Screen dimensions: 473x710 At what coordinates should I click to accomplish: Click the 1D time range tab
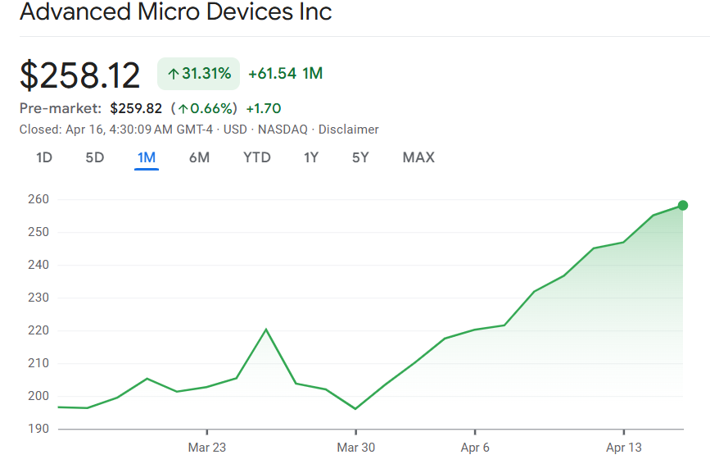click(x=44, y=157)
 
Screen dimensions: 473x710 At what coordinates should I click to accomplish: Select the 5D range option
click(x=95, y=157)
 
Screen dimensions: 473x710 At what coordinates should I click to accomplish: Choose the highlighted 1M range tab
click(x=147, y=157)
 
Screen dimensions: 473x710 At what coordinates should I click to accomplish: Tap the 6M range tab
click(x=199, y=157)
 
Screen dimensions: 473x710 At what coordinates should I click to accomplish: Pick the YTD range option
click(x=257, y=157)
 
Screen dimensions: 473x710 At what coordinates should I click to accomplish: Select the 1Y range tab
click(x=311, y=157)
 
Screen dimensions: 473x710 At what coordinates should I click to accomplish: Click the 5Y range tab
click(x=360, y=157)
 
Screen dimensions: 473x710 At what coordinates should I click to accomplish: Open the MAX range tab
click(x=418, y=157)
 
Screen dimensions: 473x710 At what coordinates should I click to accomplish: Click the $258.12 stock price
click(x=80, y=75)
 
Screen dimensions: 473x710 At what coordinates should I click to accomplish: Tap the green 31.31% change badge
click(x=198, y=74)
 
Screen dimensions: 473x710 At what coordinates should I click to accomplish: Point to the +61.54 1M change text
click(x=285, y=74)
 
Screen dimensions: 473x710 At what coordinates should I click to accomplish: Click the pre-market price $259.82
click(x=136, y=108)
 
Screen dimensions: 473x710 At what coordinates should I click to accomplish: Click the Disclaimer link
click(x=349, y=130)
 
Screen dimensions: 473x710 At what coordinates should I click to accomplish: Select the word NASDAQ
click(x=283, y=130)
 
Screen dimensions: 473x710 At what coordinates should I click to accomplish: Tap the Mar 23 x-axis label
click(x=207, y=448)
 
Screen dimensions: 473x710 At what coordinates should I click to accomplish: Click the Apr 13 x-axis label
click(x=624, y=448)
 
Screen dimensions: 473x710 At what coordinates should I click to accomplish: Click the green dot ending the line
click(x=683, y=206)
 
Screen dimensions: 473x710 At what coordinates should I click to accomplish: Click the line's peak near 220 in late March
click(x=266, y=330)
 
